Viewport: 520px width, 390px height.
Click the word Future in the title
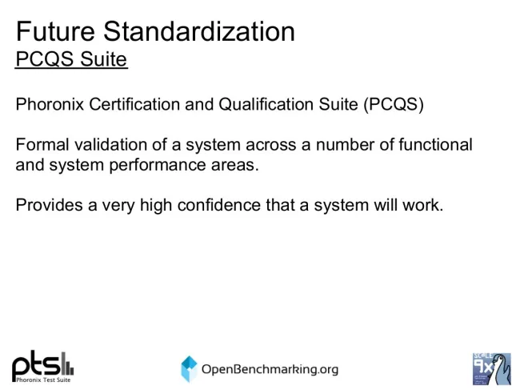[55, 31]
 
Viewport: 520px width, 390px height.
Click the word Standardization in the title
[199, 31]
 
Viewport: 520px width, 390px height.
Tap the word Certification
[134, 104]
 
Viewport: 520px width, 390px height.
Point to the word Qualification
[266, 105]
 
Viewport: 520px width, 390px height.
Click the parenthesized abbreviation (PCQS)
[394, 105]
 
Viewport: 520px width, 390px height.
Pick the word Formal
[42, 145]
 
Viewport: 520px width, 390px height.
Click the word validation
[110, 145]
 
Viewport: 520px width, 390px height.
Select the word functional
[435, 145]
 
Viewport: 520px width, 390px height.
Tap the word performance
[157, 165]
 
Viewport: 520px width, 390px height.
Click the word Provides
[49, 205]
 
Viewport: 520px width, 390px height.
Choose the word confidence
[219, 205]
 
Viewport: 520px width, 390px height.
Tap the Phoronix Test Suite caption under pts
[43, 380]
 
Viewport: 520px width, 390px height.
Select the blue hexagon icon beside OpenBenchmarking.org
[190, 368]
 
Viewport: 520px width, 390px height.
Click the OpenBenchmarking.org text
[270, 369]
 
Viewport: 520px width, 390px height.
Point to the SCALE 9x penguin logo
[492, 368]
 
